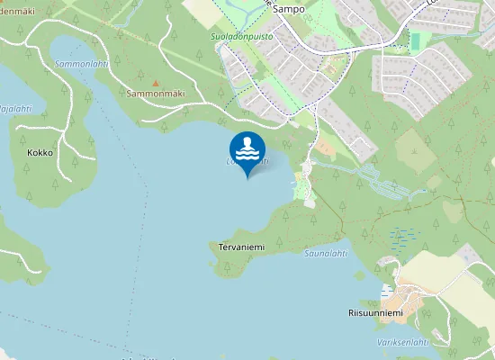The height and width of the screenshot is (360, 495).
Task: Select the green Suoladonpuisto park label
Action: pyautogui.click(x=241, y=37)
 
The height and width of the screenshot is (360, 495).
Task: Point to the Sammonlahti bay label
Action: pyautogui.click(x=81, y=66)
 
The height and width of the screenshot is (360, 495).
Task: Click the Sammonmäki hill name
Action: pyautogui.click(x=155, y=94)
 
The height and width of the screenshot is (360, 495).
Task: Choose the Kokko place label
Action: pyautogui.click(x=40, y=153)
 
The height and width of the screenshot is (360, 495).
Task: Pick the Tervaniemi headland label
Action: pyautogui.click(x=239, y=247)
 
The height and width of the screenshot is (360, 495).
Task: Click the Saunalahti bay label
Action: pyautogui.click(x=325, y=254)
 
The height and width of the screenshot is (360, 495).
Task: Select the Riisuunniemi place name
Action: pyautogui.click(x=375, y=313)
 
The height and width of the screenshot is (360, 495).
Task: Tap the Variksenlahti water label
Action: pyautogui.click(x=401, y=342)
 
